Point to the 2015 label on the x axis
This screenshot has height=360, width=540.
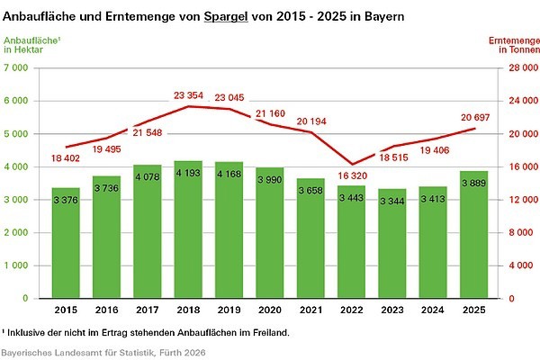(66, 310)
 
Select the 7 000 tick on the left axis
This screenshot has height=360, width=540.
(19, 68)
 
